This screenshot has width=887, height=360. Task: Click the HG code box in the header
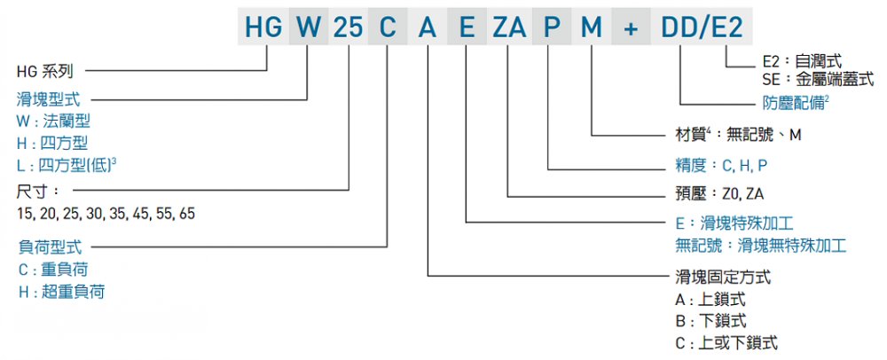[263, 26]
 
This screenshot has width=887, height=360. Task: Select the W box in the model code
[309, 26]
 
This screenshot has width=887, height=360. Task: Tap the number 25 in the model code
[348, 26]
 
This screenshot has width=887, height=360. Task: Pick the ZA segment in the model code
[509, 26]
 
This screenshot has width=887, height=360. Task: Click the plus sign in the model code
[631, 26]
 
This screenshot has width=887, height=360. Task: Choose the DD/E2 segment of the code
[702, 26]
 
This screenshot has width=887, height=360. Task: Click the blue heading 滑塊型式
[49, 100]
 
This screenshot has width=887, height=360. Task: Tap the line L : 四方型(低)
[67, 164]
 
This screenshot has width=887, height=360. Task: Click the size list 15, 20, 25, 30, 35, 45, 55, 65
[106, 215]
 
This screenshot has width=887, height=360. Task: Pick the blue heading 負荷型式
[50, 247]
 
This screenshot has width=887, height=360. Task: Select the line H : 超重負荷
[61, 291]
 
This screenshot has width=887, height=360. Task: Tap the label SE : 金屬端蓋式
[818, 79]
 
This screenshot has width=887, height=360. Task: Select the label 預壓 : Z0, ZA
[716, 195]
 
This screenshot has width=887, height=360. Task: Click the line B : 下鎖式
[710, 321]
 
